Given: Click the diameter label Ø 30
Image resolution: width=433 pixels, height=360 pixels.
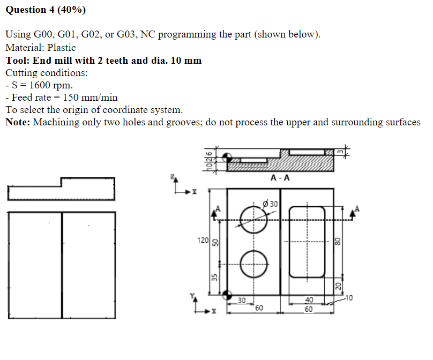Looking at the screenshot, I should tap(271, 204).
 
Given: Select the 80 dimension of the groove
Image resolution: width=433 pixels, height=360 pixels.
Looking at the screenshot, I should tap(338, 242).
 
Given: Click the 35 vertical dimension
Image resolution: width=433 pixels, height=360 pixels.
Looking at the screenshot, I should tap(214, 277).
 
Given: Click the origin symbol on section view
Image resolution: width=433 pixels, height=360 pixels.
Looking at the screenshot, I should tap(227, 156).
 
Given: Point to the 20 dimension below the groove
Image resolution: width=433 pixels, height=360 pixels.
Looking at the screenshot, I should tap(338, 286).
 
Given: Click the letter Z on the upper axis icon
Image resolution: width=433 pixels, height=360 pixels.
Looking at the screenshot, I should tap(173, 176).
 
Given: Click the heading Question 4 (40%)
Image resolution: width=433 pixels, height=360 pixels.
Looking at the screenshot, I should tap(46, 10).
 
